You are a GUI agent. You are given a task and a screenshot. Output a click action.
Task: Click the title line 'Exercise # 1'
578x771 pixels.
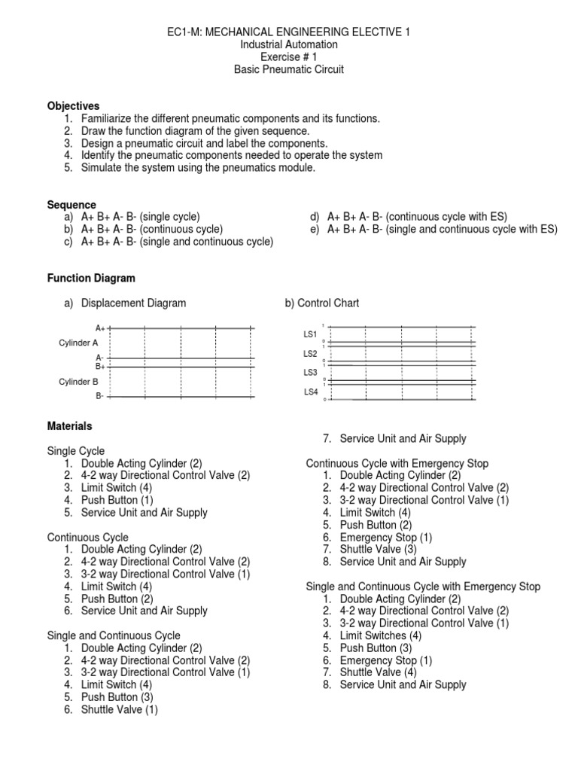(289, 57)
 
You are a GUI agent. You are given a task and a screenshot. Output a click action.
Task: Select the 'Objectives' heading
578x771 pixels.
(73, 106)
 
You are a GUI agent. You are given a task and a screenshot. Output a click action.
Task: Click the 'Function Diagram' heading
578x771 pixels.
(91, 278)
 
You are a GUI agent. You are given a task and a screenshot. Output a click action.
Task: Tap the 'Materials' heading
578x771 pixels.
(70, 426)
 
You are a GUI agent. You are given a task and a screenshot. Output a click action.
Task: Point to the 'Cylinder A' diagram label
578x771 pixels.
(79, 343)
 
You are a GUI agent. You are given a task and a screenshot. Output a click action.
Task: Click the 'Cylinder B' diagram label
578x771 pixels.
(79, 382)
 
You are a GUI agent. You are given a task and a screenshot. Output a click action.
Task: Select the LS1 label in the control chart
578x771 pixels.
(311, 334)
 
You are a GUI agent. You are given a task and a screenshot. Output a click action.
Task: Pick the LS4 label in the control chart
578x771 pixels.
(311, 392)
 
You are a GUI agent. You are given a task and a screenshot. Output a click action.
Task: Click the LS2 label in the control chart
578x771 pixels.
(311, 353)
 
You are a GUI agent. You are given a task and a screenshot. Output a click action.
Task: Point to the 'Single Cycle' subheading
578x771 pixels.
(76, 451)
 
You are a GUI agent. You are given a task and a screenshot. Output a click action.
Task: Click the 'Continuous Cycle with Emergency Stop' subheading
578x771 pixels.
(397, 463)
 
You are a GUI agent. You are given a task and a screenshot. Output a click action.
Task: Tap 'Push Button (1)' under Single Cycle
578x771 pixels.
(117, 500)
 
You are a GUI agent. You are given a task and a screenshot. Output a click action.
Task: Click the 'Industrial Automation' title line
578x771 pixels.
(289, 44)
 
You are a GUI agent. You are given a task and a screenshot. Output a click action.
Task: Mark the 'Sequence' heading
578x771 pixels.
(71, 205)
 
